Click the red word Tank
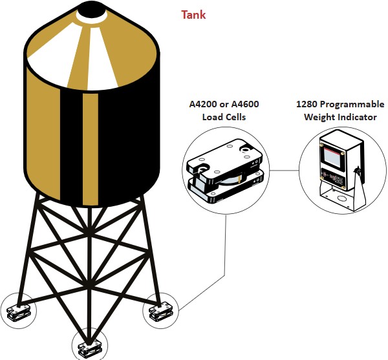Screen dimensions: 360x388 [193, 14]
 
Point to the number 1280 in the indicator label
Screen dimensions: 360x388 [308, 105]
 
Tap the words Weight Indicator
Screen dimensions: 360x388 [340, 117]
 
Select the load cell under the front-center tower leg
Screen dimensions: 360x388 [87, 348]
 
